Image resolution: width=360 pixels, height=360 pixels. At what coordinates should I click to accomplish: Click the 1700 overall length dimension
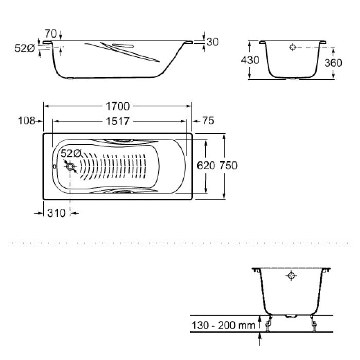coord(118,106)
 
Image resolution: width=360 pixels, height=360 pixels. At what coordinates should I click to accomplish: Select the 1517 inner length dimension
coord(118,121)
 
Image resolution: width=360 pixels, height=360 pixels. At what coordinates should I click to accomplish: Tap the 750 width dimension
coord(228,166)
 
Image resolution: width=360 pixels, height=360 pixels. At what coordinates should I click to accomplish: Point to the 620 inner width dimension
coord(206,166)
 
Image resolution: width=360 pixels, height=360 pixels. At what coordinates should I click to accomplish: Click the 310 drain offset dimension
coord(57,213)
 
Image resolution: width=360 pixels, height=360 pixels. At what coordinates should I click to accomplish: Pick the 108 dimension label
coord(27,121)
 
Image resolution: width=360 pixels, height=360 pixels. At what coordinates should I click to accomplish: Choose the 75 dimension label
coord(208,121)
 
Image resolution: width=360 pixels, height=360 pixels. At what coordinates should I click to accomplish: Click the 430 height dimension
coord(250,60)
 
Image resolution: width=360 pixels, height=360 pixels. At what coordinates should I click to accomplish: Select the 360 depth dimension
coord(333,63)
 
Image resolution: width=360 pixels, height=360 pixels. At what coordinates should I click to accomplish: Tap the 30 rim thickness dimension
coord(212,42)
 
